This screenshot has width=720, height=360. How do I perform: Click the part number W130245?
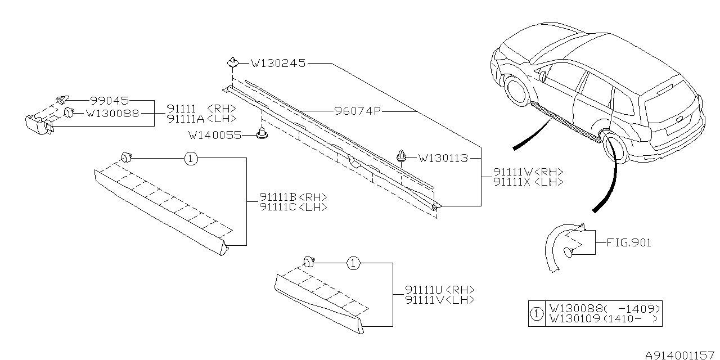278,63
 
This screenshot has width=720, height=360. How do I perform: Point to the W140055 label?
214,135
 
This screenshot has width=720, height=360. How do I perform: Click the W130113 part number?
443,159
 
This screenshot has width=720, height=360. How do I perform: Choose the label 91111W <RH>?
528,172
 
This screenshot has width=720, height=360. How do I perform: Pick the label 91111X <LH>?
528,182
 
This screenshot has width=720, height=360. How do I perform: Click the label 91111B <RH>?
293,197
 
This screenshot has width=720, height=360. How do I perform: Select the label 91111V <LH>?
439,300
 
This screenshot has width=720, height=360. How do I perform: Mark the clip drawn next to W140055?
261,134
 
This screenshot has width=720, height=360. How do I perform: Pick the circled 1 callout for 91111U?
353,263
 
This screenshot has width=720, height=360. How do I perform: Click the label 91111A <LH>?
201,119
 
